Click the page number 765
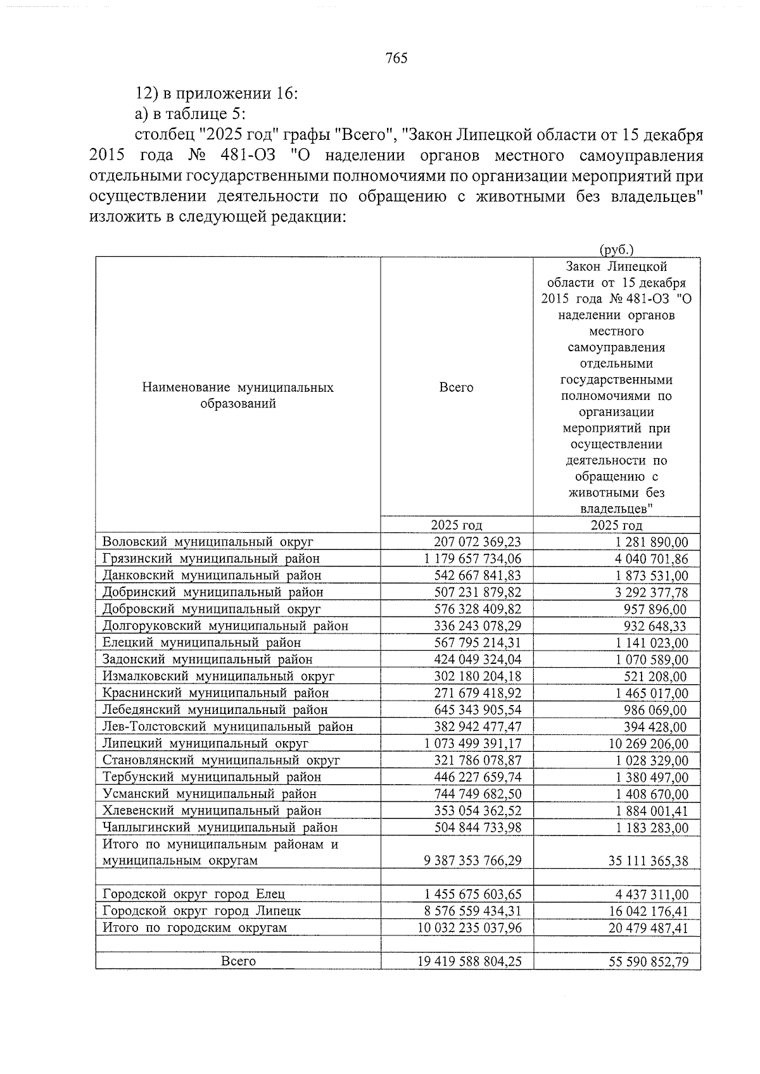coord(396,59)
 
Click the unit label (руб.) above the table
coord(616,250)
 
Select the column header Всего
coord(456,387)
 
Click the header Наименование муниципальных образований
coord(237,396)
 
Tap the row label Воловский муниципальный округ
coord(208,542)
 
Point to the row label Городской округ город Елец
coord(194,894)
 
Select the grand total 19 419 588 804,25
coord(469,961)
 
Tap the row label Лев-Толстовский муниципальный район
coord(227,727)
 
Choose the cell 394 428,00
coord(655,727)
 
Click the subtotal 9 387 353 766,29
coord(469,861)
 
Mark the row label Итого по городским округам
coord(194,928)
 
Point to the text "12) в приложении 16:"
coord(217,94)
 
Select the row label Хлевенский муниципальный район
coord(212,811)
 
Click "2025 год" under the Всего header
coord(456,525)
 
